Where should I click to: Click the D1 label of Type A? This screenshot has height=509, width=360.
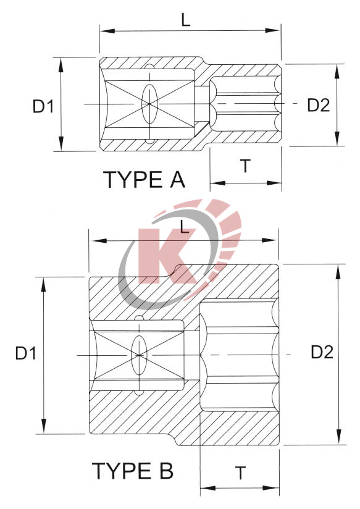click(x=43, y=106)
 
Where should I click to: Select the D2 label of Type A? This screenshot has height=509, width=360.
click(x=318, y=106)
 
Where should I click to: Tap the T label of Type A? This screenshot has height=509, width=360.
click(x=245, y=166)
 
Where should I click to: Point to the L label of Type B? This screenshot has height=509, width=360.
click(x=184, y=227)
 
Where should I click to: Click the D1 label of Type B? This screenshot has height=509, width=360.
click(x=26, y=354)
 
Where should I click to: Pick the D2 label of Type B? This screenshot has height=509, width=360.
click(x=322, y=353)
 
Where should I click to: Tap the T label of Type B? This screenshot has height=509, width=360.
click(x=240, y=473)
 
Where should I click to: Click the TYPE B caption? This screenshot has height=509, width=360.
click(x=133, y=471)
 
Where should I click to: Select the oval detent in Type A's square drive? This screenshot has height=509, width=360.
click(x=148, y=103)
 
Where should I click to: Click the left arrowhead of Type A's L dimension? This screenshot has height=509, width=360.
click(x=104, y=30)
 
